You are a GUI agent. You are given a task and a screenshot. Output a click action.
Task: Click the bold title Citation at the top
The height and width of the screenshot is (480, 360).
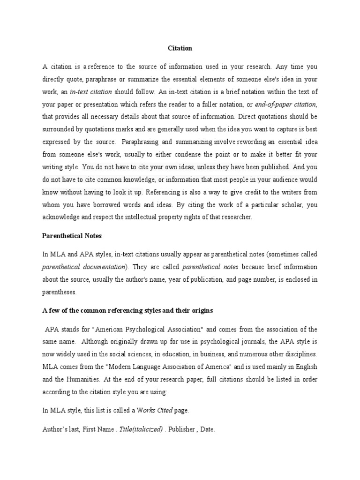(180, 48)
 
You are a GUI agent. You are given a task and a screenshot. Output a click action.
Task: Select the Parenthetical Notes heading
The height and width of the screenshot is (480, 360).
(72, 235)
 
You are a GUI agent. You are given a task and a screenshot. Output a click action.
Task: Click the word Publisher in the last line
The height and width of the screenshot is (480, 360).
(180, 429)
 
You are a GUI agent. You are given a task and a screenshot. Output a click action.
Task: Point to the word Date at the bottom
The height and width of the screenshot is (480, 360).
(207, 429)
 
